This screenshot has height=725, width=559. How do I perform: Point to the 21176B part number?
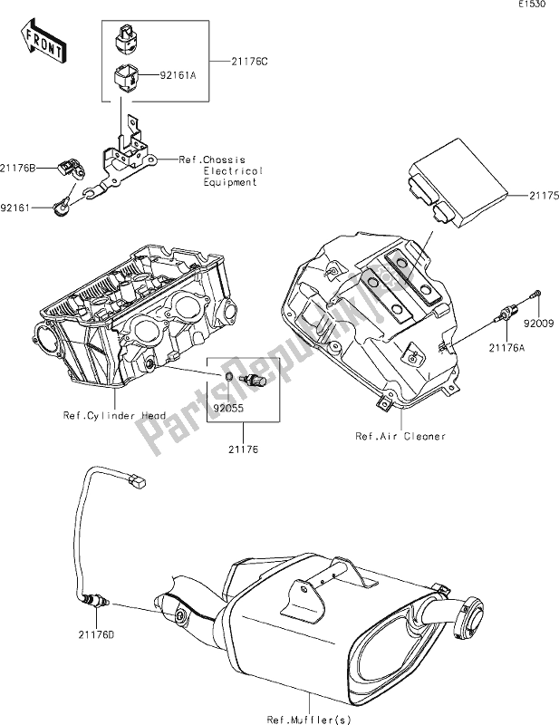point(20,168)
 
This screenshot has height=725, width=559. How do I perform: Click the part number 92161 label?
point(17,208)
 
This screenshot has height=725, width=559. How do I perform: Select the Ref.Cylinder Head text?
point(114,416)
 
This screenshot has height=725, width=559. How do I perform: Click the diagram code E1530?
point(535,6)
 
